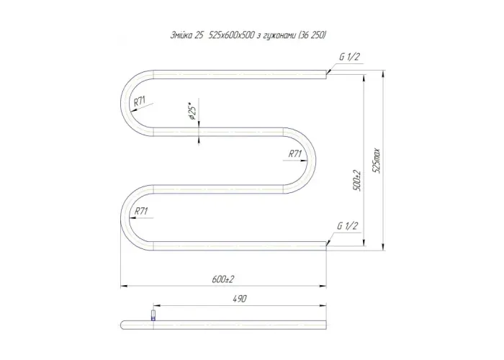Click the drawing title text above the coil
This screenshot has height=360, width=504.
[x=248, y=36]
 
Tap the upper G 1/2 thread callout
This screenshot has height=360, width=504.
[x=349, y=57]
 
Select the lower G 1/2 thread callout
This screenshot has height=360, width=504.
[x=348, y=226]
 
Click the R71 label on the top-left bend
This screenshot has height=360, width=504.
[x=140, y=102]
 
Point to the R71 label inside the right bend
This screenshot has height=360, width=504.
[x=295, y=154]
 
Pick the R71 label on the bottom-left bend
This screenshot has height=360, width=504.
[x=141, y=211]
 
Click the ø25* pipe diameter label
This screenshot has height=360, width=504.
[x=192, y=112]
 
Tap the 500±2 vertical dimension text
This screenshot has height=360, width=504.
[x=357, y=181]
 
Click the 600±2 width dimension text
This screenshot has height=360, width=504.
[x=223, y=279]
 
